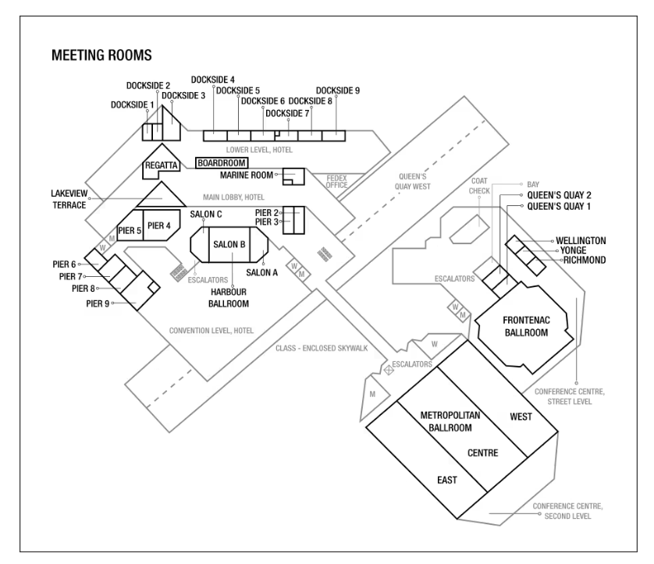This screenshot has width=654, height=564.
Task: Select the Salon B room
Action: click(x=229, y=244)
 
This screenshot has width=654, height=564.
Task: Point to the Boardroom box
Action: click(x=221, y=162)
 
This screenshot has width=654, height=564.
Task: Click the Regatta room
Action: click(x=162, y=165)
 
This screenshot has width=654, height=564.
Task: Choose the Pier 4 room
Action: click(x=159, y=225)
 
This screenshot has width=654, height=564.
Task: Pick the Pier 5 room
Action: click(x=129, y=230)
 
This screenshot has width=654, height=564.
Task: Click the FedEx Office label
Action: click(x=336, y=181)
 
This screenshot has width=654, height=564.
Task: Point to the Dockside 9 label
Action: click(x=338, y=90)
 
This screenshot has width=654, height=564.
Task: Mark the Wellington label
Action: click(x=581, y=239)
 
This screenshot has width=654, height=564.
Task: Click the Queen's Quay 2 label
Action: click(x=560, y=194)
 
